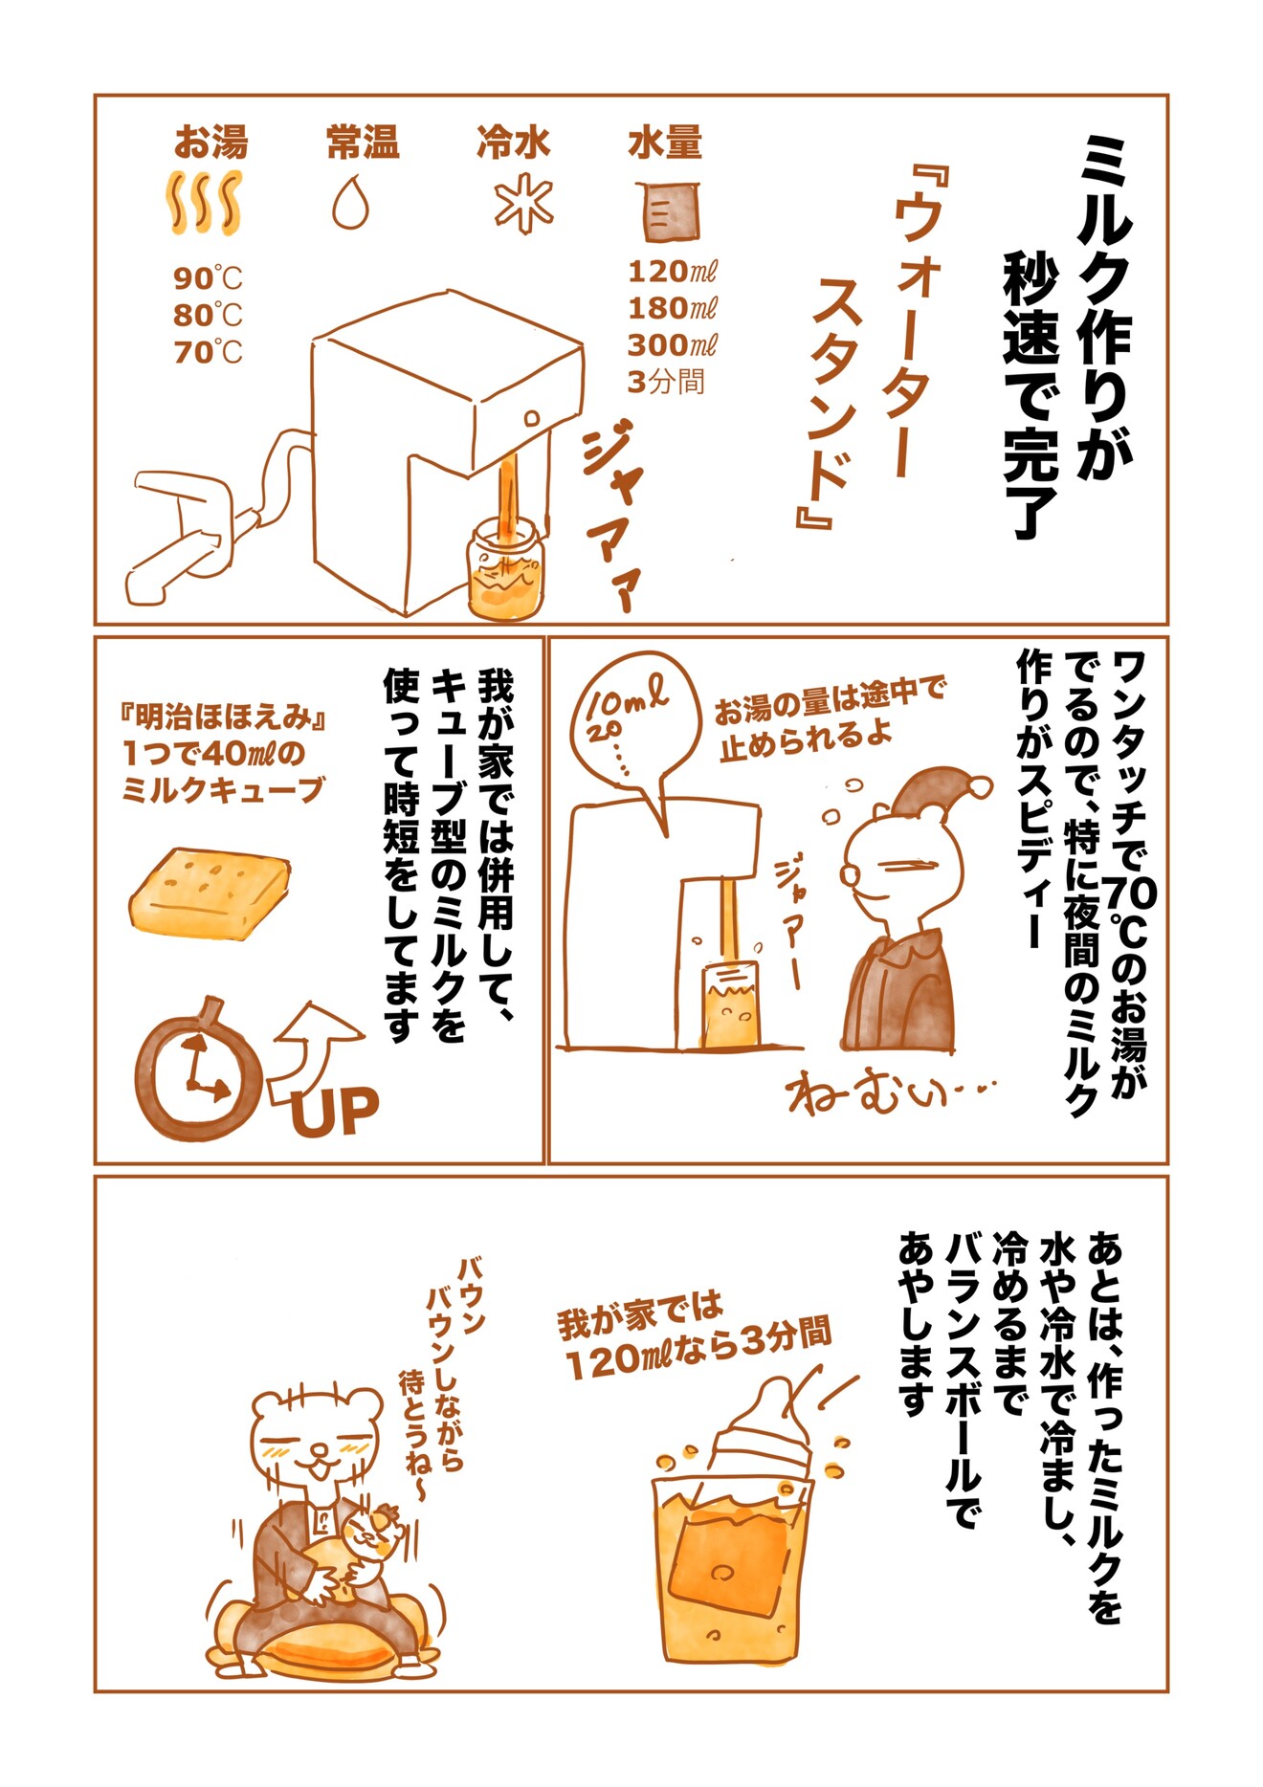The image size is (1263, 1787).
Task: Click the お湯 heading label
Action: tap(210, 143)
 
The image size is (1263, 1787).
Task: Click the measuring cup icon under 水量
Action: tap(667, 210)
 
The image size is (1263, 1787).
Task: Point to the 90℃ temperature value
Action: tap(208, 278)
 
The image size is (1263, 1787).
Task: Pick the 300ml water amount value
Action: tap(672, 344)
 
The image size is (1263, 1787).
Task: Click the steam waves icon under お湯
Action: tap(204, 203)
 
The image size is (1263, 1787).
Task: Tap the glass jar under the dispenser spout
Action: tap(504, 570)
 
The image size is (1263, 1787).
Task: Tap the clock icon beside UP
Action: tap(198, 1070)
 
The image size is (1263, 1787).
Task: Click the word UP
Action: tap(335, 1110)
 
